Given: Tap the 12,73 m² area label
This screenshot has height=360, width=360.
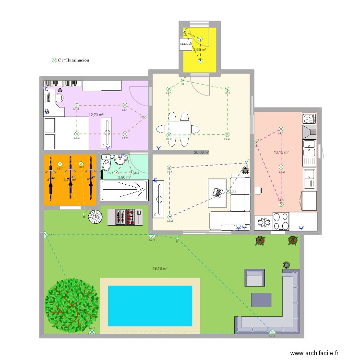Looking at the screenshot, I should [96, 115].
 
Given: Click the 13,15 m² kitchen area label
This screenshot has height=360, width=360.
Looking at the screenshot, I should [281, 153].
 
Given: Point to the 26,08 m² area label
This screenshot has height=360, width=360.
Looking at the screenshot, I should [201, 152].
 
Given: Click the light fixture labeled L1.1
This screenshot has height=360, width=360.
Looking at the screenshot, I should [125, 105].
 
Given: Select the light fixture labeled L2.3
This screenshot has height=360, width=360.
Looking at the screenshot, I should [227, 89].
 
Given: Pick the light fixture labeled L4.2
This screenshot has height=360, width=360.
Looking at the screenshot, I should [281, 167].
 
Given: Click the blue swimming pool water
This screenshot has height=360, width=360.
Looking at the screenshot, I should [150, 306].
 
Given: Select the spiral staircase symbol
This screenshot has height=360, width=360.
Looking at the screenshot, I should [96, 217].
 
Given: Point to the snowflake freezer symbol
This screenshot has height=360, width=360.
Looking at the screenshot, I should [264, 223].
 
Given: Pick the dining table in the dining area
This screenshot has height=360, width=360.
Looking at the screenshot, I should [177, 128].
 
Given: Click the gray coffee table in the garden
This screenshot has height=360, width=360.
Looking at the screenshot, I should [261, 300].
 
